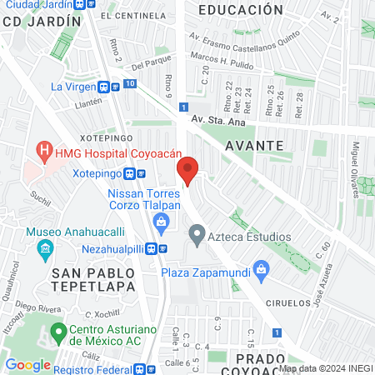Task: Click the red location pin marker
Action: point(187,171)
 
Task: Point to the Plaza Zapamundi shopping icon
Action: point(262,269)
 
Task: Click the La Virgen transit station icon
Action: point(107,86)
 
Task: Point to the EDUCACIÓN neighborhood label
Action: point(241,10)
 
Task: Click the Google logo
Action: point(28,364)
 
